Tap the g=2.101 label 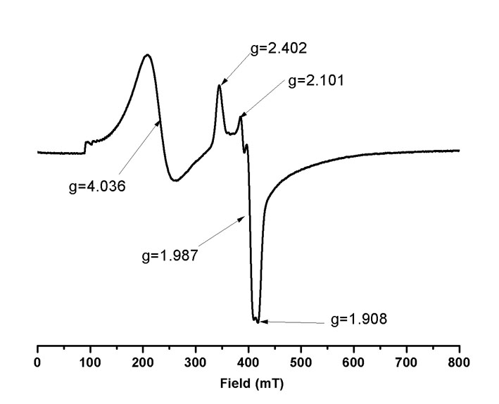316,81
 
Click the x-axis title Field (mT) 248,386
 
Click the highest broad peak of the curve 146,55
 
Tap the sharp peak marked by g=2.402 220,86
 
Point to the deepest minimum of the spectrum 258,322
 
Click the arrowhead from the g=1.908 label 262,322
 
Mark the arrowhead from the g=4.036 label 160,122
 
